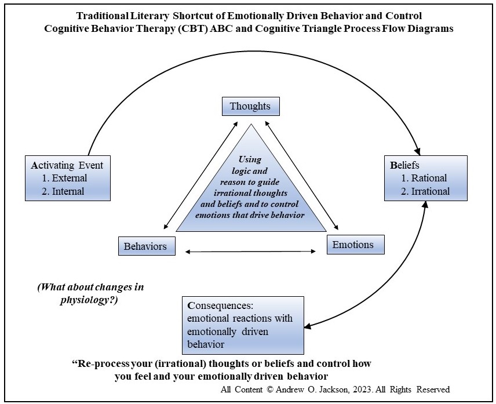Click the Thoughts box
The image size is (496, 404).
[250, 107]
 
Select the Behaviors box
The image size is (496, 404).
[145, 246]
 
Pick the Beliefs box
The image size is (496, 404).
[425, 178]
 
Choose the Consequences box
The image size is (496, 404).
[243, 325]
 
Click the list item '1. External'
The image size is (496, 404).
[65, 178]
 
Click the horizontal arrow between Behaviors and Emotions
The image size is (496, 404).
[250, 251]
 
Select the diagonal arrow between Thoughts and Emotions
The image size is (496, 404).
[300, 174]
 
